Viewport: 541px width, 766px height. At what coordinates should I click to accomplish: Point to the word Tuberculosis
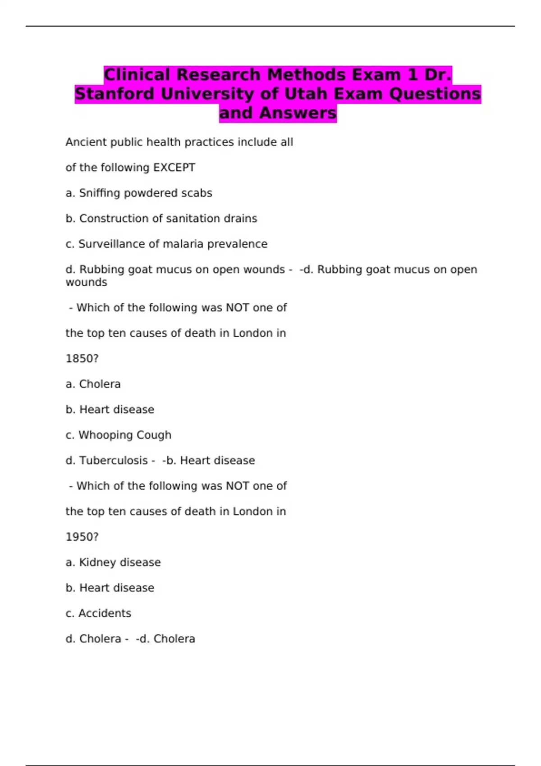coord(113,461)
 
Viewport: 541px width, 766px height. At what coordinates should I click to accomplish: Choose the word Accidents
coord(105,613)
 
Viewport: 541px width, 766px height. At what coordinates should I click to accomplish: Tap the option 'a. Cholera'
coord(93,384)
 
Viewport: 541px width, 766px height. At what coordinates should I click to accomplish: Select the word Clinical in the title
coord(137,74)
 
